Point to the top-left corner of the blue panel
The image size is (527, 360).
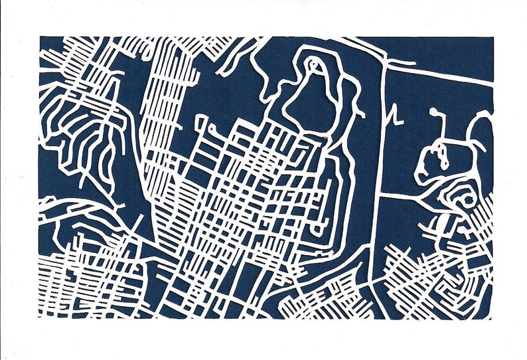pos(39,37)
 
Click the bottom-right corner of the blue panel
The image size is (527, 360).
pos(493,318)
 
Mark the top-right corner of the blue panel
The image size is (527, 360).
pos(493,37)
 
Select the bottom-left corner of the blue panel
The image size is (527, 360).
pos(39,318)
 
